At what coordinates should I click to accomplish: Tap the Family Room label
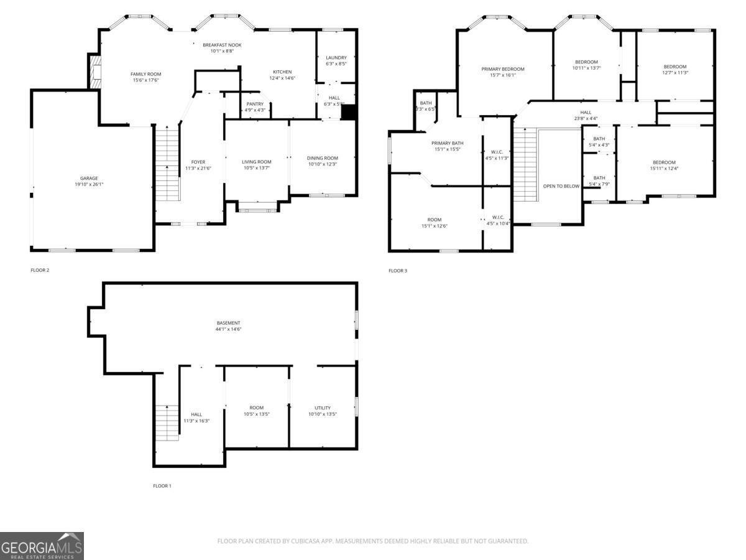(x=145, y=74)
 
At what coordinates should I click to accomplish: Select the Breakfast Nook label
(x=222, y=45)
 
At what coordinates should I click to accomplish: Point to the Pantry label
(x=255, y=104)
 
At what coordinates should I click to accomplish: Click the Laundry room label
(x=336, y=57)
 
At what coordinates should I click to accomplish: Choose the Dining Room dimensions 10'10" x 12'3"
(x=323, y=164)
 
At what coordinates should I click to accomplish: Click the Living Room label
(x=256, y=162)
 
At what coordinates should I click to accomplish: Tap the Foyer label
(x=198, y=162)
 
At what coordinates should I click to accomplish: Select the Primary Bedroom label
(x=503, y=69)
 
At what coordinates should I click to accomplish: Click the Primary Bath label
(x=448, y=143)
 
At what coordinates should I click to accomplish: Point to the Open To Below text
(x=561, y=186)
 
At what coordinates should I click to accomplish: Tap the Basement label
(x=228, y=323)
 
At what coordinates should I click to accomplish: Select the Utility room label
(x=323, y=408)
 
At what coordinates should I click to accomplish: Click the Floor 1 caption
(x=162, y=486)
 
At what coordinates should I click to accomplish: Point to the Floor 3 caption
(x=398, y=271)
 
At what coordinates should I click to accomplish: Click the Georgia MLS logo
(x=42, y=546)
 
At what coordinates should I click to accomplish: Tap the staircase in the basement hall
(x=166, y=422)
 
